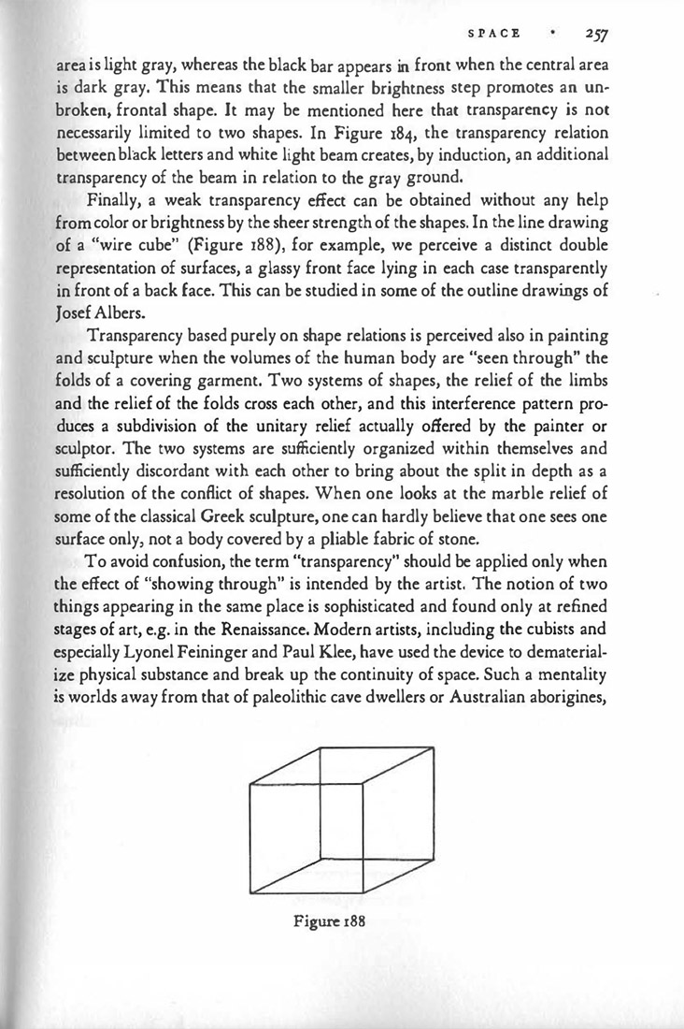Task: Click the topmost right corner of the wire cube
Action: click(x=433, y=746)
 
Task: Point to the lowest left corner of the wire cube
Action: click(x=252, y=891)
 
